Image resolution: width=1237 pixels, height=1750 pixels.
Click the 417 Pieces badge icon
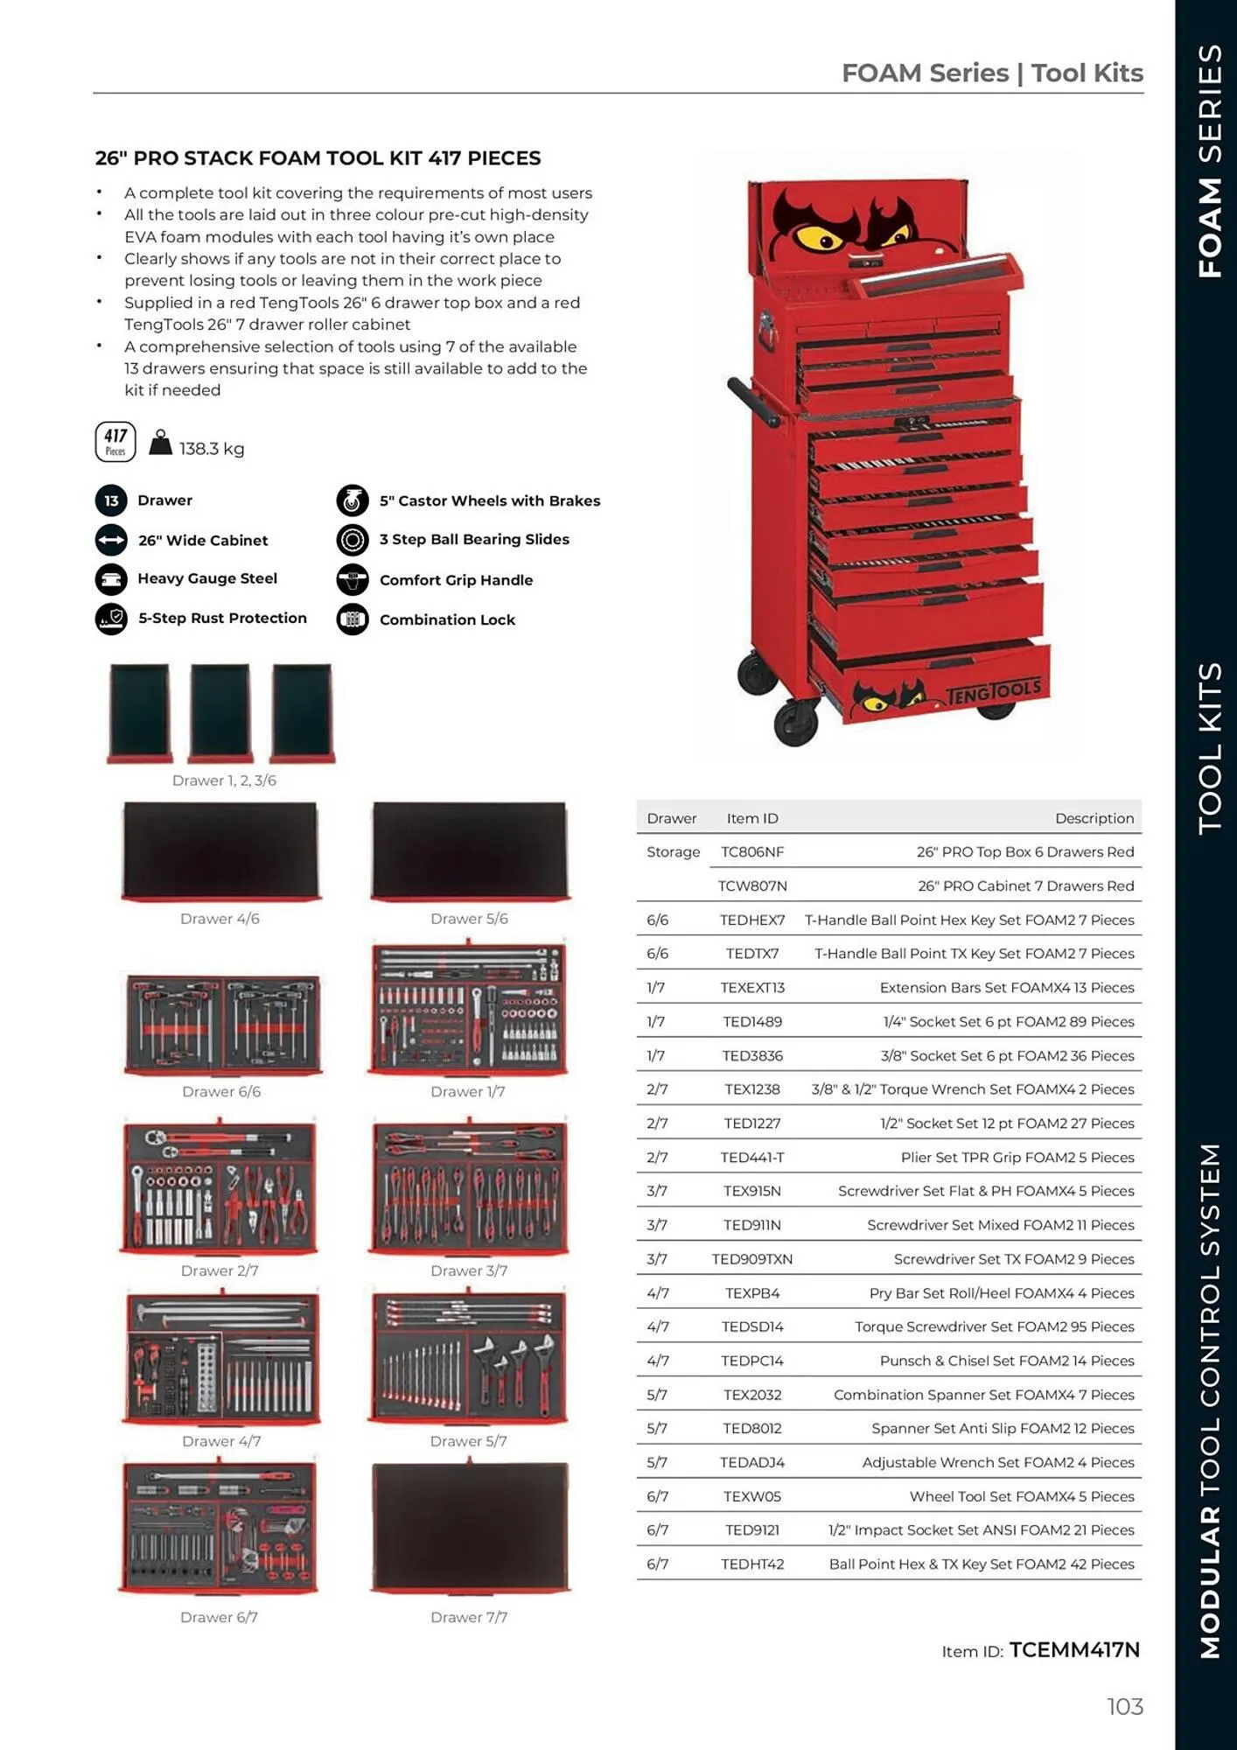pyautogui.click(x=115, y=442)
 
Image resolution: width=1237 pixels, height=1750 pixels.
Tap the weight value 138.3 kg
pyautogui.click(x=212, y=449)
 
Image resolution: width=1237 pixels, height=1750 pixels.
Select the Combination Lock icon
pyautogui.click(x=353, y=619)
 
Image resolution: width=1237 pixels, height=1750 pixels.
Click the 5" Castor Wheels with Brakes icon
pyautogui.click(x=353, y=500)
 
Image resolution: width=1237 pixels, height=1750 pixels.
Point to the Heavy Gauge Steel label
pyautogui.click(x=207, y=578)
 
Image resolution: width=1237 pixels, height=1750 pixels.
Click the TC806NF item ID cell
pyautogui.click(x=751, y=852)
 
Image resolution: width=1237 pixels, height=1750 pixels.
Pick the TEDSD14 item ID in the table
pyautogui.click(x=751, y=1326)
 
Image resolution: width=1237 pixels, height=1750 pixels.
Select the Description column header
pyautogui.click(x=1094, y=818)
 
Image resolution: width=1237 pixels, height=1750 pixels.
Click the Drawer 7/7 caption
pyautogui.click(x=469, y=1617)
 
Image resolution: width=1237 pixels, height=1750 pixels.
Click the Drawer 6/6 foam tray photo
pyautogui.click(x=222, y=1024)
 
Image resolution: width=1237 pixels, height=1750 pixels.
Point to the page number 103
pyautogui.click(x=1124, y=1706)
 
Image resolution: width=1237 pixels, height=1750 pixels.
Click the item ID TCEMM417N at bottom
pyautogui.click(x=1074, y=1650)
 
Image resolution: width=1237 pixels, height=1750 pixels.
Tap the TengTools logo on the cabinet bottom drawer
pyautogui.click(x=994, y=691)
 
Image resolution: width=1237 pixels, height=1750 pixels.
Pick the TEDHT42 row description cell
pyautogui.click(x=981, y=1564)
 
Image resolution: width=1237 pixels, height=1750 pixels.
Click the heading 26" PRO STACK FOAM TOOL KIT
pyautogui.click(x=318, y=158)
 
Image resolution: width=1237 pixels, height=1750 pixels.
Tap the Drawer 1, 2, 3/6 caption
pyautogui.click(x=224, y=780)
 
